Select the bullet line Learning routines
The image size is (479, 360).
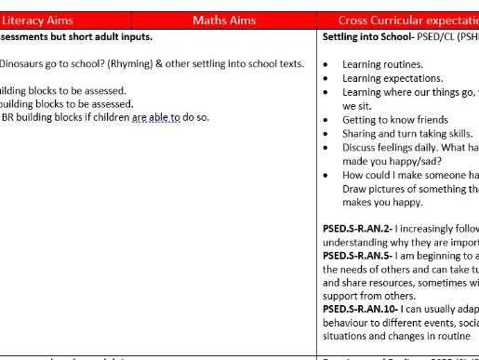(x=382, y=64)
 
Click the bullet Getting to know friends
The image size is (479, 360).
(x=394, y=120)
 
